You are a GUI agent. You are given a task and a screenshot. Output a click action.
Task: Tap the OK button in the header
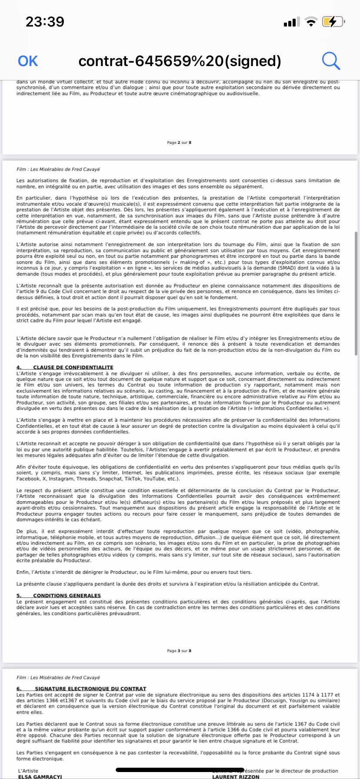(x=28, y=61)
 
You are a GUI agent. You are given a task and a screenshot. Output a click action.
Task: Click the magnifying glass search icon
(x=330, y=61)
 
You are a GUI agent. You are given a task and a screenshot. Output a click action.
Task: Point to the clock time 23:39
(x=45, y=22)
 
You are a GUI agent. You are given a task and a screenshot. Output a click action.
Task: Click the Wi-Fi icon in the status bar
(x=311, y=22)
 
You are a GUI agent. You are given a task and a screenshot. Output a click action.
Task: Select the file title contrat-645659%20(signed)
(x=180, y=61)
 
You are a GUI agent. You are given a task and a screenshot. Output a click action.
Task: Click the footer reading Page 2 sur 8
(x=179, y=143)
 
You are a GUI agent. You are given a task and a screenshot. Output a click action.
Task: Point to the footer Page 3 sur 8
(x=179, y=651)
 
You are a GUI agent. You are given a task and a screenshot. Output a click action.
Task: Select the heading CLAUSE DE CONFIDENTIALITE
(x=73, y=367)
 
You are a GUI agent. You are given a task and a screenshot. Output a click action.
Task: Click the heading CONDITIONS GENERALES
(x=67, y=596)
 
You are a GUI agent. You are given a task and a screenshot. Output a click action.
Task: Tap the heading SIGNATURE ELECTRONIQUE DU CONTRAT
(x=90, y=689)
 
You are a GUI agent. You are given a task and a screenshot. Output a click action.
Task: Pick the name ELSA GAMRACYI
(x=40, y=776)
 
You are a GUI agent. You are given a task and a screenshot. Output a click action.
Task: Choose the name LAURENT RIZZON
(x=236, y=776)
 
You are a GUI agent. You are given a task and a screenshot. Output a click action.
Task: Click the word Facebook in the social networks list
(x=28, y=479)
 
